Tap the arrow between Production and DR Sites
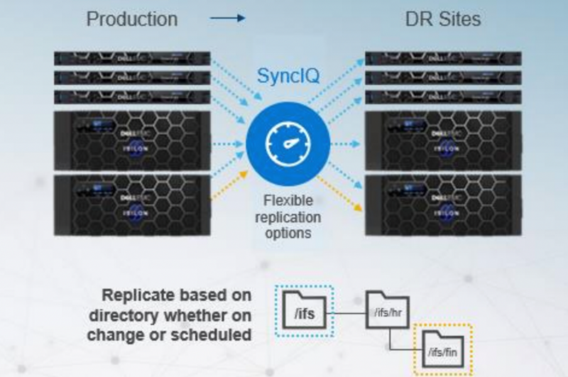tap(228, 20)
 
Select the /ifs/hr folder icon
tap(386, 310)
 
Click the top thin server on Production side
tap(132, 58)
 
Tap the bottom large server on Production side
tap(132, 205)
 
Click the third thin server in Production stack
tap(132, 97)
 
